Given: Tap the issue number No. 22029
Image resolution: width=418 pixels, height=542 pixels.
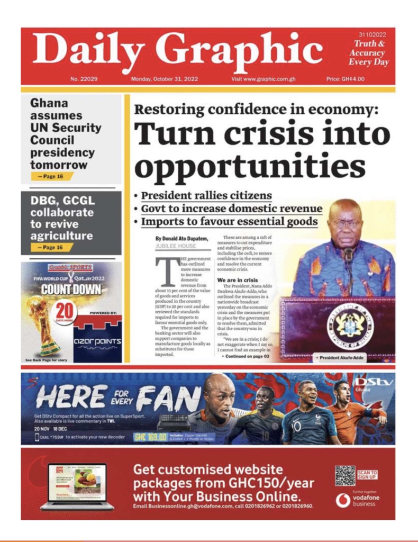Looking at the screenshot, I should click(x=84, y=79).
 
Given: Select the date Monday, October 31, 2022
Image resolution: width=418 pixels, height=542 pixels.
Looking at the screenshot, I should click(x=165, y=79).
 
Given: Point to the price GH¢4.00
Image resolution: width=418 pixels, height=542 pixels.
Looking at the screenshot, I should click(x=346, y=79).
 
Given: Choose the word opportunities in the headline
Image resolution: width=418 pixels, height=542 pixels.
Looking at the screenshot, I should click(x=249, y=167).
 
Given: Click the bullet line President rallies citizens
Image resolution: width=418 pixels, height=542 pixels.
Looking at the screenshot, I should click(x=206, y=195).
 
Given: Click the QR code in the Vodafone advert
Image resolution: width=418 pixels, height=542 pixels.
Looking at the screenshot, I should click(x=344, y=475).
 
